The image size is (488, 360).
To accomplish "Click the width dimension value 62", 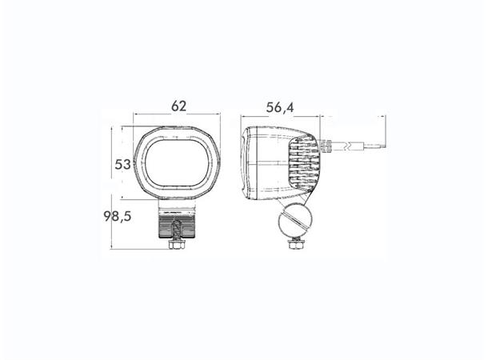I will click(x=179, y=105).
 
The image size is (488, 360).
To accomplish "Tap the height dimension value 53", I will click(x=122, y=165).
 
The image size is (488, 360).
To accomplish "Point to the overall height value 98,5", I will click(x=118, y=217).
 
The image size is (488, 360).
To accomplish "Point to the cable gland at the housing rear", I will click(x=328, y=146).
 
